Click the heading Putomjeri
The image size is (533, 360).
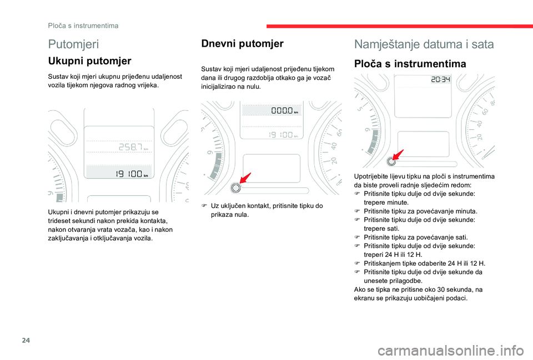tap(74, 44)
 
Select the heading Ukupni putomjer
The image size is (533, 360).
tap(90, 61)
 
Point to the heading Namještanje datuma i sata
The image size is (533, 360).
tap(424, 44)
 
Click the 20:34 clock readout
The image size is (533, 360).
tap(440, 80)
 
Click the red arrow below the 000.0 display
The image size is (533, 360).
tap(245, 179)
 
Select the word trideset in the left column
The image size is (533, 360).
tap(59, 220)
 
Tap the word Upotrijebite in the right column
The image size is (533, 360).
tap(371, 176)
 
